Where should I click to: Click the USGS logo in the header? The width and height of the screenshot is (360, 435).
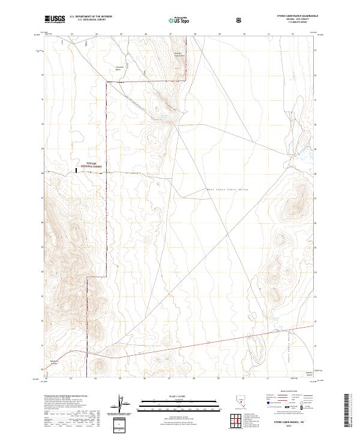(55, 19)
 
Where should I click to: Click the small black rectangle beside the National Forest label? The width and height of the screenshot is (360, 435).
(76, 171)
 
